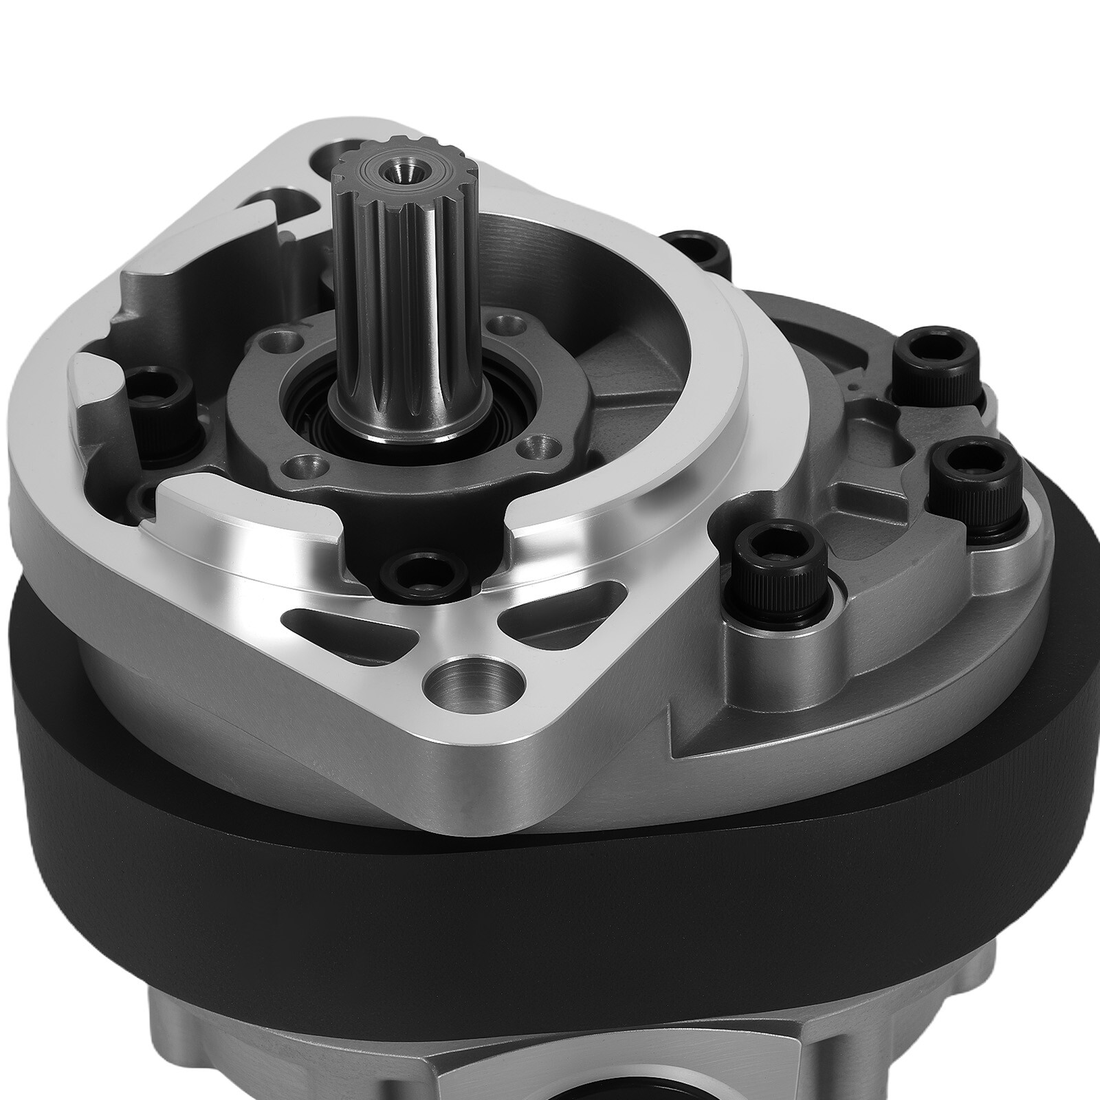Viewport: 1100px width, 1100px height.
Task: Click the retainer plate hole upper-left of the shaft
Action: [x=285, y=341]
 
